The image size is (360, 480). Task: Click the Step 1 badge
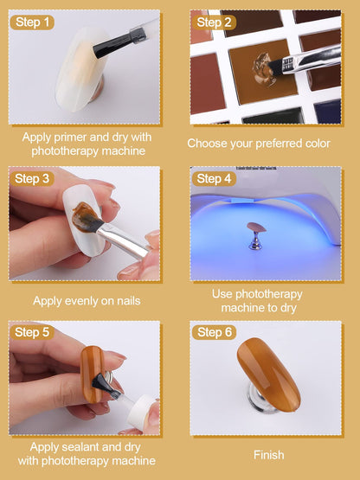[x=32, y=22]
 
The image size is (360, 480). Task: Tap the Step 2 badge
[x=214, y=22]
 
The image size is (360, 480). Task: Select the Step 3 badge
[x=32, y=179]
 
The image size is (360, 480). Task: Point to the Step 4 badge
[x=214, y=179]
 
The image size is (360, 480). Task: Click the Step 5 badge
[x=32, y=332]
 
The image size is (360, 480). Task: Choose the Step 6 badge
[x=214, y=332]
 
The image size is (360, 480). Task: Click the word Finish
[x=268, y=455]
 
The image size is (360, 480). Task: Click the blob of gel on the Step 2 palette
[x=263, y=69]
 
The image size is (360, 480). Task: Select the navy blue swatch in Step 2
[x=327, y=112]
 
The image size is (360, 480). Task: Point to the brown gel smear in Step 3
[x=85, y=216]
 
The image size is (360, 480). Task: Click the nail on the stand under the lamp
[x=256, y=227]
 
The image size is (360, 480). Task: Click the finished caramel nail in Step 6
[x=268, y=374]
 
